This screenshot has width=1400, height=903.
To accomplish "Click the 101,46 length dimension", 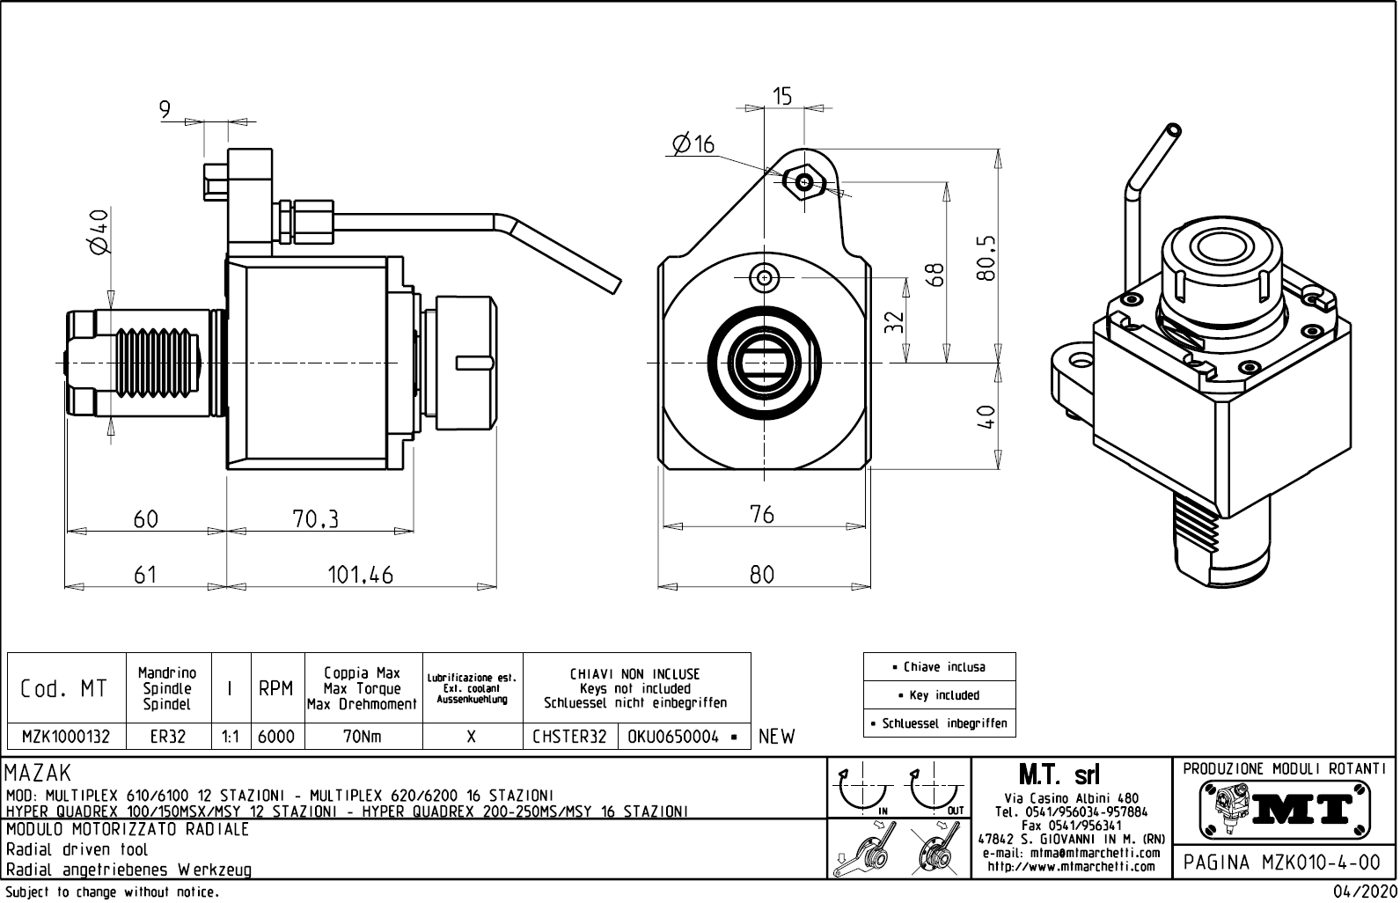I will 361,575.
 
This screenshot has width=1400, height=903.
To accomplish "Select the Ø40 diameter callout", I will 99,231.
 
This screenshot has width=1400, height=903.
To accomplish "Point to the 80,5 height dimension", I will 986,257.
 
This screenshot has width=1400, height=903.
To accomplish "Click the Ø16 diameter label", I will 693,144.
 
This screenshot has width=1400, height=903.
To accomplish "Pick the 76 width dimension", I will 762,514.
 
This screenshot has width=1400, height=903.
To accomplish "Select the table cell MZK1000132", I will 66,737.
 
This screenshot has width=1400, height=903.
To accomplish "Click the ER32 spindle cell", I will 167,737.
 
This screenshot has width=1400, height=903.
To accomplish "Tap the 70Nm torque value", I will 363,737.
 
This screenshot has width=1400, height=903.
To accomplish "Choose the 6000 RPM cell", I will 276,737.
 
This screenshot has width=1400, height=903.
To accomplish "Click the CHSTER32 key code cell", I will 570,737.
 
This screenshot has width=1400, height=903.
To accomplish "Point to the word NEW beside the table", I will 776,737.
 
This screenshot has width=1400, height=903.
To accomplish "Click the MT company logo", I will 1284,808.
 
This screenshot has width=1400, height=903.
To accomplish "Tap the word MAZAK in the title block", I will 38,774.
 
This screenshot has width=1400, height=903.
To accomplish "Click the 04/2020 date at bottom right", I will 1356,892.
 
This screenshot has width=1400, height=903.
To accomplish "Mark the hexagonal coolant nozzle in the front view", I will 805,182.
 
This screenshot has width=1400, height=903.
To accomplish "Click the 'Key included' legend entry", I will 939,695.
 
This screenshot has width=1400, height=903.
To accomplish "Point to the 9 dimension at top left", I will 165,109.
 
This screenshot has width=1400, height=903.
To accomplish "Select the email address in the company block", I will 1071,853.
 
